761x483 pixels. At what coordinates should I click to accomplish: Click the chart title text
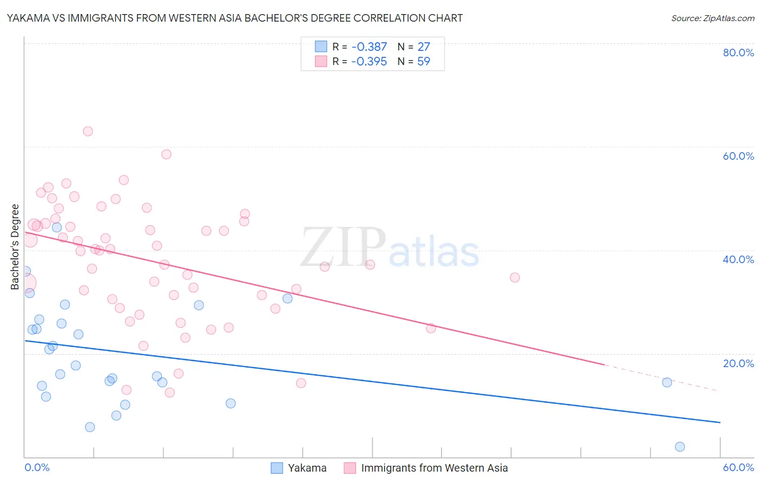234,18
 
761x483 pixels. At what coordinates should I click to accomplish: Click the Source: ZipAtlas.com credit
712,18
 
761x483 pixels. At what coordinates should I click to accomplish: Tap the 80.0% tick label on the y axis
738,53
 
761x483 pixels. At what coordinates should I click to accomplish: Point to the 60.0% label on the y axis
738,156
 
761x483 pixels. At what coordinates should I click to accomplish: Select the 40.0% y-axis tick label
738,259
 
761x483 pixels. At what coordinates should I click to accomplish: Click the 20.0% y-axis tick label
738,363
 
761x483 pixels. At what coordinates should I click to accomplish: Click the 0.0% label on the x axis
37,467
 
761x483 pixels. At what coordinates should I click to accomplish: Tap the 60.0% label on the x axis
738,467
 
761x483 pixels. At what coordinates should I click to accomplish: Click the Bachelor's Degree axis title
15,246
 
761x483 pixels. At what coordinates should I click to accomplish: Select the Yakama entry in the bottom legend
307,468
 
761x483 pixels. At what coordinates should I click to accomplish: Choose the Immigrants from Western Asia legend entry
434,468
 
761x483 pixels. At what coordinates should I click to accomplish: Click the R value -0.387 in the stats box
369,47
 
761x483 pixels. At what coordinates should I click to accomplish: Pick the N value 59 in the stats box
424,62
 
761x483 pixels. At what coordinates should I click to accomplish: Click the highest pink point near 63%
88,131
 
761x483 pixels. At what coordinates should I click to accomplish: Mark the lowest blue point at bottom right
680,447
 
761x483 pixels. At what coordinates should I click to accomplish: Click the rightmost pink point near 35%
515,277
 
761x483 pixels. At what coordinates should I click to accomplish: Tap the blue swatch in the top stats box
321,47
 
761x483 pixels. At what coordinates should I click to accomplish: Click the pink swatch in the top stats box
321,61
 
